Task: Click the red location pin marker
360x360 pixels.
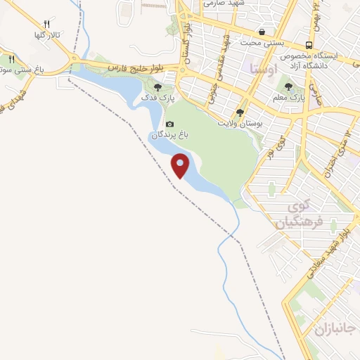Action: (x=181, y=165)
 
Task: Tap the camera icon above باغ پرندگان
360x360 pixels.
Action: (x=169, y=124)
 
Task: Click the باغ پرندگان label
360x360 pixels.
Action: (x=165, y=134)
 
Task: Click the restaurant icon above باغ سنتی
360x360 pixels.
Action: (x=11, y=60)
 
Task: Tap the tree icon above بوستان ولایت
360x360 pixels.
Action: (x=240, y=112)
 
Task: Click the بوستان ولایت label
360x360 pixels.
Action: (x=233, y=123)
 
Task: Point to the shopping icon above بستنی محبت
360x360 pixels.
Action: (x=262, y=32)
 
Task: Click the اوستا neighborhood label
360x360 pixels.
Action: (x=262, y=70)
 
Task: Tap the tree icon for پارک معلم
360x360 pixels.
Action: (x=295, y=88)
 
